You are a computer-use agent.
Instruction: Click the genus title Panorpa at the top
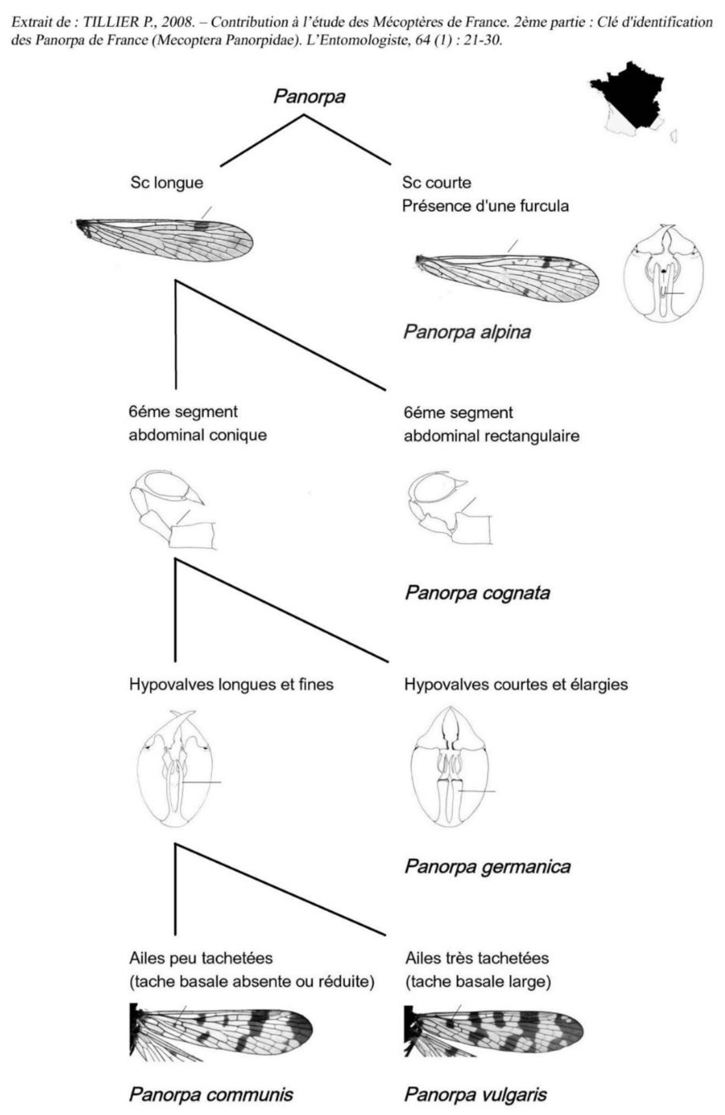point(309,96)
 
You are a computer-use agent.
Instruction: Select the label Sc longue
point(167,183)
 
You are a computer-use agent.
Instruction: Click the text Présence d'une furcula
point(485,205)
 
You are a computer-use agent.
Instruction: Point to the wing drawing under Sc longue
point(164,239)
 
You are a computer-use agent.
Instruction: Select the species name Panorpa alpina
point(467,332)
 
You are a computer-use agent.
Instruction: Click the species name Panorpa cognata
point(478,593)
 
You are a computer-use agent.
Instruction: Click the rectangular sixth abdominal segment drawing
point(450,508)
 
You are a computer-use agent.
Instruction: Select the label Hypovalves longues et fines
point(231,685)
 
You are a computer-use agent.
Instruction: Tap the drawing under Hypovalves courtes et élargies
point(451,766)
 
